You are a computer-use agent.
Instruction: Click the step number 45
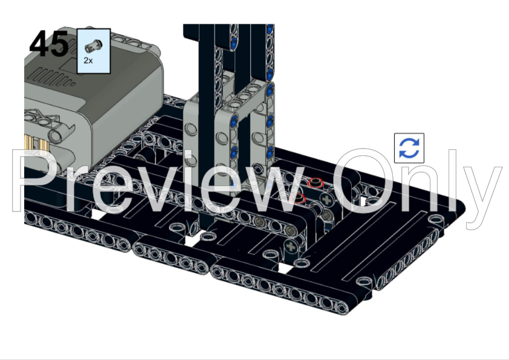click(49, 43)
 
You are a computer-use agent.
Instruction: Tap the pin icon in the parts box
click(94, 46)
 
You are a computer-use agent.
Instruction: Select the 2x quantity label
click(88, 60)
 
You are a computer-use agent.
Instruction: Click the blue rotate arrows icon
click(409, 148)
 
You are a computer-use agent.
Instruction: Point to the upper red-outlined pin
click(315, 183)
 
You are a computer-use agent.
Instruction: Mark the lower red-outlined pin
click(297, 198)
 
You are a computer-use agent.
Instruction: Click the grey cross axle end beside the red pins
click(327, 200)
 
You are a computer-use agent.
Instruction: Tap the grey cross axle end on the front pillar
click(291, 247)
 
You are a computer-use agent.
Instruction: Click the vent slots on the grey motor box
click(51, 78)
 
